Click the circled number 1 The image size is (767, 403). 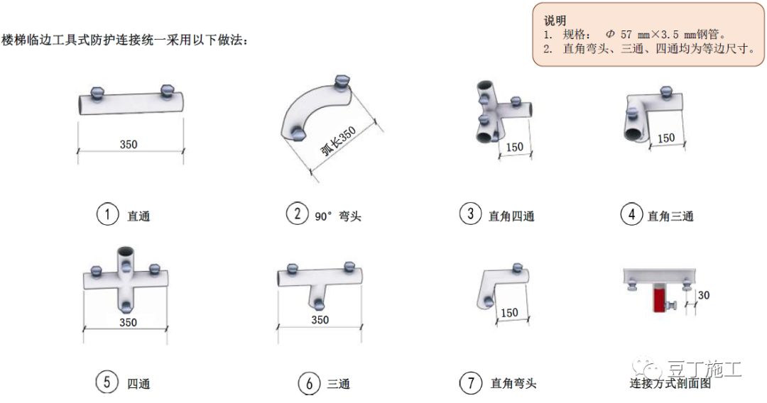107,214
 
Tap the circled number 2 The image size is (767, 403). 297,214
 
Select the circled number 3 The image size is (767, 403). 470,214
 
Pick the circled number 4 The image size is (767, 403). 631,214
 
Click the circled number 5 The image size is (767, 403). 107,382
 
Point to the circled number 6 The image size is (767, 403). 309,383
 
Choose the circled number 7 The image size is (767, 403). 471,382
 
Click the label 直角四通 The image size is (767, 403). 511,216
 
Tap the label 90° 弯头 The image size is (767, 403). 338,216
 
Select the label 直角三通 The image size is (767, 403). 670,216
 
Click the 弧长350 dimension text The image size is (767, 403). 338,141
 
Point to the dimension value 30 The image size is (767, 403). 703,295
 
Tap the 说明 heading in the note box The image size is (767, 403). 555,21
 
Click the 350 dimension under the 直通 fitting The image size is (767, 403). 129,144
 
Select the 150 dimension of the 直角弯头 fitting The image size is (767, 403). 509,313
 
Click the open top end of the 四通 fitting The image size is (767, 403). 126,253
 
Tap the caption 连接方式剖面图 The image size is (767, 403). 670,383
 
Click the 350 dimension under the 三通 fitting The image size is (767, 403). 320,320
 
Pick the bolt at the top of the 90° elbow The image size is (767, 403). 342,82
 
